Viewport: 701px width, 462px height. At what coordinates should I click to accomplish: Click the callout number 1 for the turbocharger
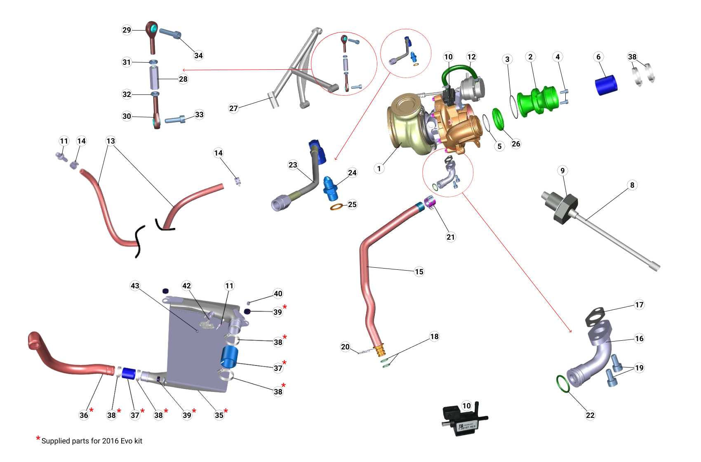[x=379, y=168]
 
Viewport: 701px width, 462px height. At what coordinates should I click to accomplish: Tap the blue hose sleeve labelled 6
[x=606, y=85]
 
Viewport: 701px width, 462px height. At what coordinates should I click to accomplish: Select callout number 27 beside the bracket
[x=233, y=108]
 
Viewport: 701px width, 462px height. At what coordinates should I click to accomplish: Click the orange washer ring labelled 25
[x=336, y=206]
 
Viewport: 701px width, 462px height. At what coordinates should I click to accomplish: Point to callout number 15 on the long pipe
[x=419, y=271]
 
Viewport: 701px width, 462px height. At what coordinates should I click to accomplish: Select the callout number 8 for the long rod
[x=632, y=185]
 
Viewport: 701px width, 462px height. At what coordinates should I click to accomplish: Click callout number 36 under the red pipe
[x=84, y=415]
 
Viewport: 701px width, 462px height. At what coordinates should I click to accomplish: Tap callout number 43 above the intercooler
[x=135, y=285]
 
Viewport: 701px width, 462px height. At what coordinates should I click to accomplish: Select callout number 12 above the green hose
[x=471, y=57]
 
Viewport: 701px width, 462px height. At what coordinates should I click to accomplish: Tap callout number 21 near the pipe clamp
[x=451, y=237]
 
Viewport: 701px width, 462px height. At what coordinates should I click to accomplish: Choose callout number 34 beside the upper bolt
[x=198, y=55]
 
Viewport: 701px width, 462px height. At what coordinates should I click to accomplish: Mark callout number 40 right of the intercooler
[x=278, y=293]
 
